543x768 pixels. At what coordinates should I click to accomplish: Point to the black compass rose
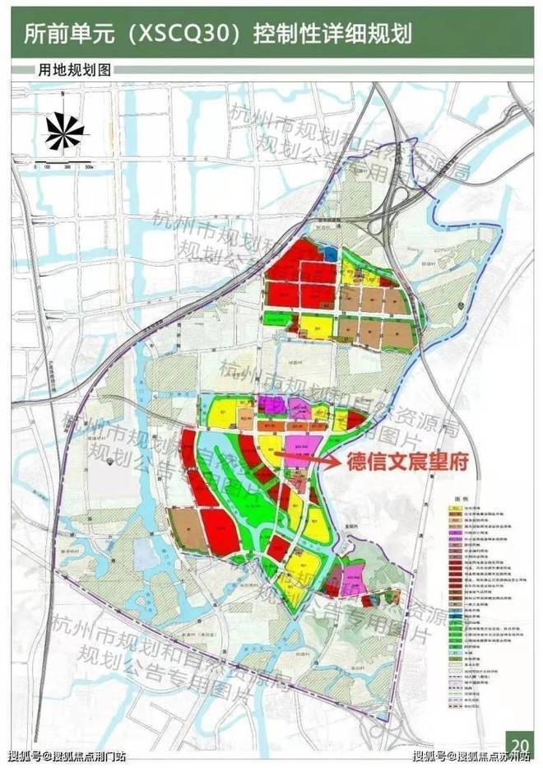(65, 130)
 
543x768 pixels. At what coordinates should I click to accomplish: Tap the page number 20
(519, 747)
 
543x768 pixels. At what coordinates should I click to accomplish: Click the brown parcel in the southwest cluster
(184, 528)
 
